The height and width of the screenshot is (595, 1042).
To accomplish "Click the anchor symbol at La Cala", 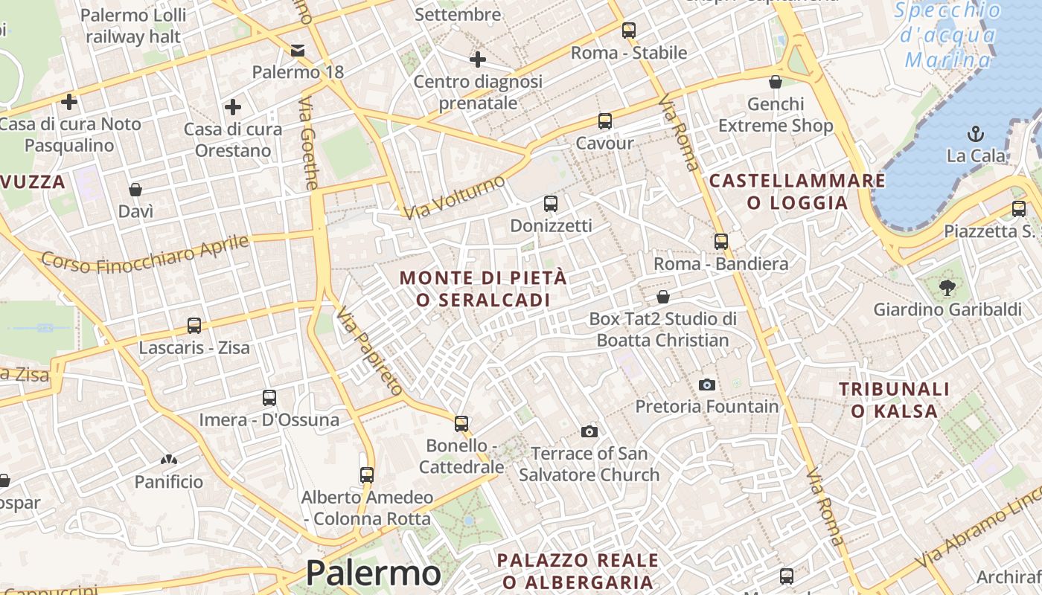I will pyautogui.click(x=975, y=134).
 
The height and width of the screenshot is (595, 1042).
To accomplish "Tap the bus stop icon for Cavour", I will pyautogui.click(x=605, y=120).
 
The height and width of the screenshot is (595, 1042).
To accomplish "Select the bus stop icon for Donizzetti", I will pyautogui.click(x=551, y=203).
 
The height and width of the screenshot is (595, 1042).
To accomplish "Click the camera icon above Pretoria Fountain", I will pyautogui.click(x=707, y=385).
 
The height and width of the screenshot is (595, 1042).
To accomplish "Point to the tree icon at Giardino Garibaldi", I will pyautogui.click(x=947, y=287).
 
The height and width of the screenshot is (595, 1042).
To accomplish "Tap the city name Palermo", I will pyautogui.click(x=373, y=573).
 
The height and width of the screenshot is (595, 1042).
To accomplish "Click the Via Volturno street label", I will pyautogui.click(x=454, y=196).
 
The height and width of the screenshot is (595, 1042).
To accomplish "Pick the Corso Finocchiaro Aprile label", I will pyautogui.click(x=145, y=254).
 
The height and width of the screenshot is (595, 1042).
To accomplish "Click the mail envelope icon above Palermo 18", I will pyautogui.click(x=298, y=51).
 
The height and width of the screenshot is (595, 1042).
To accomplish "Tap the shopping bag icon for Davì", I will pyautogui.click(x=135, y=190).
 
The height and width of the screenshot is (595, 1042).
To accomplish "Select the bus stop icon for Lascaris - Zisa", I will pyautogui.click(x=194, y=325).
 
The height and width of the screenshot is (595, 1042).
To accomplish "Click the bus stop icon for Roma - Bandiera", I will pyautogui.click(x=720, y=241).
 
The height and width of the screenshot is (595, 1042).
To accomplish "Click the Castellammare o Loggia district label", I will pyautogui.click(x=797, y=191).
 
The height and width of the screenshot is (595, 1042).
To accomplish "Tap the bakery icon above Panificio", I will pyautogui.click(x=169, y=460).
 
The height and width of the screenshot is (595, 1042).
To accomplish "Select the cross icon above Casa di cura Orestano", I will pyautogui.click(x=233, y=107).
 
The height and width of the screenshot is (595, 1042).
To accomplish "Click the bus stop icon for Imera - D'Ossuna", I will pyautogui.click(x=269, y=398).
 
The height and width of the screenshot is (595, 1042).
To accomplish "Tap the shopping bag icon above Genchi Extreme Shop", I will pyautogui.click(x=776, y=82).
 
